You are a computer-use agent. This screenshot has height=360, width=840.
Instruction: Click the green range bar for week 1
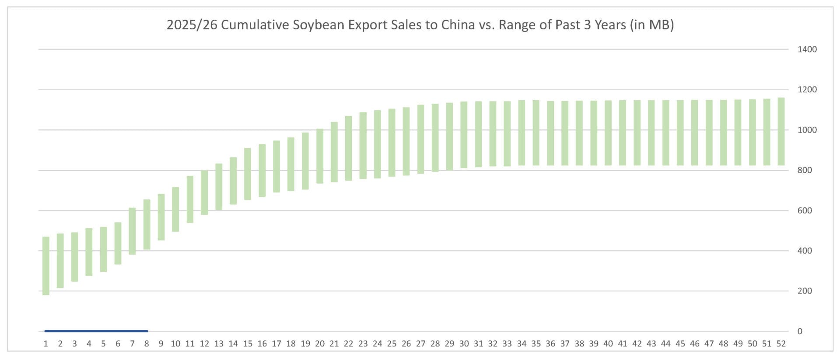click(x=46, y=266)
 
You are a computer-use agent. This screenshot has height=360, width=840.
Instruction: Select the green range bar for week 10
click(x=175, y=209)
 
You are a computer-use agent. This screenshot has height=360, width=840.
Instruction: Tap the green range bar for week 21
click(x=334, y=152)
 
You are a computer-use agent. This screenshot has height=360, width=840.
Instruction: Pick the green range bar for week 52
click(x=781, y=131)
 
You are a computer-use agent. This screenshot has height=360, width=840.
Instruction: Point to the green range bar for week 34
click(x=521, y=133)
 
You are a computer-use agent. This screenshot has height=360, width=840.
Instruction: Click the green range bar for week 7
click(x=132, y=231)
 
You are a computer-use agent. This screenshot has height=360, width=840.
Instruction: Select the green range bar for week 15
click(x=248, y=174)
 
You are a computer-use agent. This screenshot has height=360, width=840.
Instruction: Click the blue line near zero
click(x=96, y=331)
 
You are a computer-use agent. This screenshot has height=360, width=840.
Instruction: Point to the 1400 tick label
click(x=807, y=49)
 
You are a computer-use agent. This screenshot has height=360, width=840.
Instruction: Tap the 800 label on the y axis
click(x=804, y=170)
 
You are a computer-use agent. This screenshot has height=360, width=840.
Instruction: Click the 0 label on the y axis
click(x=800, y=331)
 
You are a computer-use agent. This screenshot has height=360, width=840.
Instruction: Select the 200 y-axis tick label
click(x=804, y=291)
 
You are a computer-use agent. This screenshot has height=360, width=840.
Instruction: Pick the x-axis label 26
click(x=406, y=344)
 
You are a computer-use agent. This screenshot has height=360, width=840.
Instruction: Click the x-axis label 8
click(x=147, y=344)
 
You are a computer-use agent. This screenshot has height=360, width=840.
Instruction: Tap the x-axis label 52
click(x=781, y=344)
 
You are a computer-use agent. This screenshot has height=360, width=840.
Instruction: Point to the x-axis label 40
click(x=608, y=344)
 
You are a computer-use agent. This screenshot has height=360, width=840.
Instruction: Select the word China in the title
click(x=458, y=25)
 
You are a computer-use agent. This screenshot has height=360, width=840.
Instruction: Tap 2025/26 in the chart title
click(x=192, y=25)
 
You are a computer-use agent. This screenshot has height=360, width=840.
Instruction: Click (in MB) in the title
click(x=652, y=25)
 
